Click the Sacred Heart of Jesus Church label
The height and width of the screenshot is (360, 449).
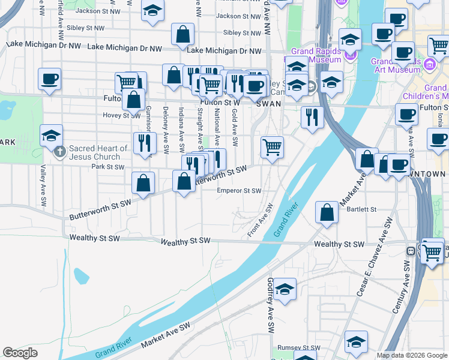click(98, 152)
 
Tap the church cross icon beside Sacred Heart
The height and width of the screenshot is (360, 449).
click(59, 152)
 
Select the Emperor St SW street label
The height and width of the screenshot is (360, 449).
click(239, 191)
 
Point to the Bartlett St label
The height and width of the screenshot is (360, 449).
click(360, 209)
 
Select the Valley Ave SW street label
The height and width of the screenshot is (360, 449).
click(43, 186)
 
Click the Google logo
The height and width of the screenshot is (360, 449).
click(20, 352)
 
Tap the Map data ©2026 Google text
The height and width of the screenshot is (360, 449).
click(411, 355)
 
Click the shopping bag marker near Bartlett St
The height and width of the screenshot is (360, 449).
click(326, 212)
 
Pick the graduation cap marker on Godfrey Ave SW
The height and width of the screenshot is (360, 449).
click(285, 288)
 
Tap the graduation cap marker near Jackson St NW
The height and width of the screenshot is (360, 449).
click(152, 11)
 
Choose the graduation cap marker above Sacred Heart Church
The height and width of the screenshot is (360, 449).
click(52, 135)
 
